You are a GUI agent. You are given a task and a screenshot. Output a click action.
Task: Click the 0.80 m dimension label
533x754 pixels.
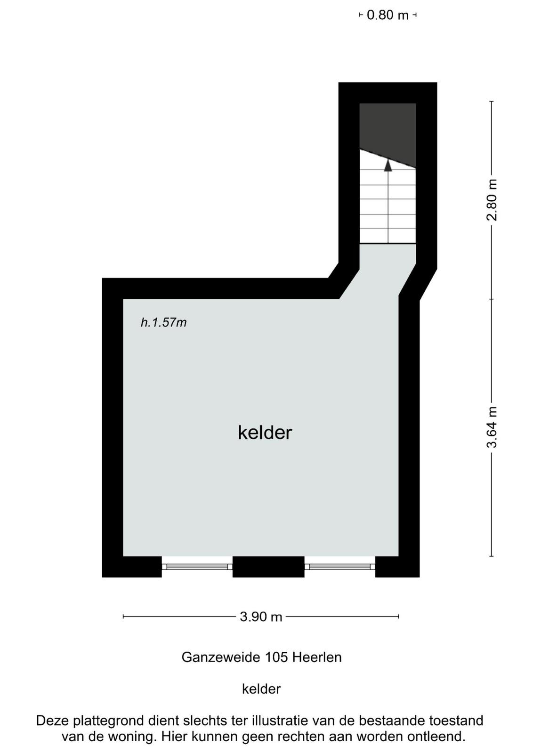tap(388, 15)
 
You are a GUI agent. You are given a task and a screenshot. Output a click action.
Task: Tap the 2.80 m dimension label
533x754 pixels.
tap(492, 200)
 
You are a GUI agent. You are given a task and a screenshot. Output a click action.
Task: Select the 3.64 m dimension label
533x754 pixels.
tap(492, 427)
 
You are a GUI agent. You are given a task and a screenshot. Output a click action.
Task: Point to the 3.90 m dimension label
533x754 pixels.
tap(261, 617)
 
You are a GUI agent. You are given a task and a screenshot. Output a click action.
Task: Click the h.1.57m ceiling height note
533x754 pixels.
tap(163, 322)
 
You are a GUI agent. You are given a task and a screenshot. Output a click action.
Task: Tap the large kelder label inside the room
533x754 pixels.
tap(265, 433)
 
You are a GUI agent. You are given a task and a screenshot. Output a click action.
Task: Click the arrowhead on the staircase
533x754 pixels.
tap(388, 165)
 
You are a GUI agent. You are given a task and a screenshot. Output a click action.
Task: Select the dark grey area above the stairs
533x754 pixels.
tap(388, 131)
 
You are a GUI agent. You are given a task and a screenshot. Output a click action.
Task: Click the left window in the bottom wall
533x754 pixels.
tap(197, 567)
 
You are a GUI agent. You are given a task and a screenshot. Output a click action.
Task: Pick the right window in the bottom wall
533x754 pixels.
tap(339, 567)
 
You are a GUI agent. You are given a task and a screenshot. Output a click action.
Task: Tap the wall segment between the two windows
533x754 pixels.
tap(268, 567)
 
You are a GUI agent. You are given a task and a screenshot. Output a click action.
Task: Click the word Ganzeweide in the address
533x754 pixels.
tap(222, 657)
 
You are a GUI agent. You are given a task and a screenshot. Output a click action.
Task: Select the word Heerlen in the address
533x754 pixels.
tap(317, 657)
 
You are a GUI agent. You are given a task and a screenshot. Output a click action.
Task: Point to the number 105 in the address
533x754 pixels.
tap(277, 657)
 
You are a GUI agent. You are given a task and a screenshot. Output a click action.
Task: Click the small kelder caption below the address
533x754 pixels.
tap(261, 689)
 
